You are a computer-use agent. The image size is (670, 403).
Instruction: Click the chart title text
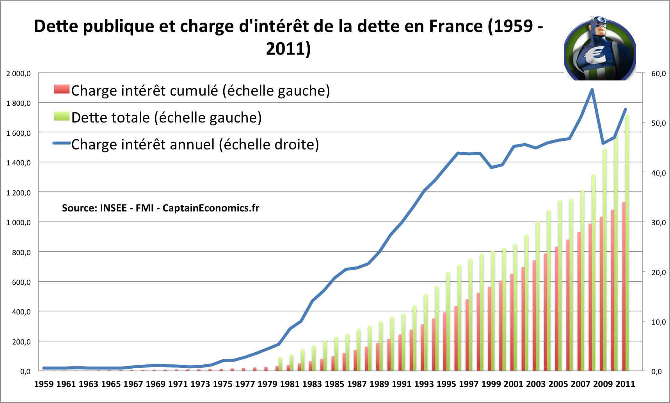coord(288,37)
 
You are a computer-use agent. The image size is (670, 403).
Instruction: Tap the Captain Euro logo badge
coord(600,48)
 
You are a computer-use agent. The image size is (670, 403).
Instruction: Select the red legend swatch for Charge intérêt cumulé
coord(62,89)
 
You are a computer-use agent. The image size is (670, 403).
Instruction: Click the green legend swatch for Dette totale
coord(62,116)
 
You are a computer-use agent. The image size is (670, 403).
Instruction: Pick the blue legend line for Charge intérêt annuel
coord(62,143)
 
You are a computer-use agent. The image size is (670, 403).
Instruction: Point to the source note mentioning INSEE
coord(160,208)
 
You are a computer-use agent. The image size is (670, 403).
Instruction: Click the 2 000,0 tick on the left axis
coord(18,73)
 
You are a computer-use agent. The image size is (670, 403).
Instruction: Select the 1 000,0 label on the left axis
coord(18,222)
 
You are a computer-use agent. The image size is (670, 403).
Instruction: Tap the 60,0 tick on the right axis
coord(658,73)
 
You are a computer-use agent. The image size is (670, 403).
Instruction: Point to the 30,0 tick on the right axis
coord(658,222)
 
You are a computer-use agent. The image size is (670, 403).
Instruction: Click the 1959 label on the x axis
coord(44,384)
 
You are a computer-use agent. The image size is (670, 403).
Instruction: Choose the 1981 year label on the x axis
coord(290,384)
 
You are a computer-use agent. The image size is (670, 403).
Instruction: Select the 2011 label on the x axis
coord(625,384)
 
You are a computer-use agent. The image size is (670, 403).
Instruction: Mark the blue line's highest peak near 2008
coord(592,90)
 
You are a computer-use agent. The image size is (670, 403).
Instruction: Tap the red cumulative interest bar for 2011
coord(624,286)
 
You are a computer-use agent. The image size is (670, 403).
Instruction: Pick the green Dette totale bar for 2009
coord(605,259)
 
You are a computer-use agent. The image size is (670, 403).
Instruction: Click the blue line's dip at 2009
coord(603,143)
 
